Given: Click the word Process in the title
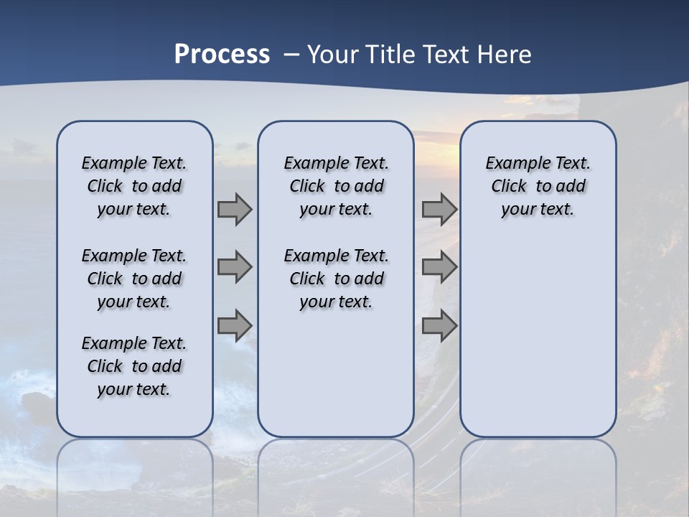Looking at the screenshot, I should tap(222, 54).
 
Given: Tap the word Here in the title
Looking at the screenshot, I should tap(505, 54).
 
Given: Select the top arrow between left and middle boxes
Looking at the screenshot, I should tap(235, 210).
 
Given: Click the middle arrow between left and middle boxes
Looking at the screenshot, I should tap(235, 267).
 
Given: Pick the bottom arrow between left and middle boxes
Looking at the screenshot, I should tap(235, 325).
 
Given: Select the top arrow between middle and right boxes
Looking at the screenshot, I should tap(439, 210).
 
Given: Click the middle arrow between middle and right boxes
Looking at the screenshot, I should tap(439, 267).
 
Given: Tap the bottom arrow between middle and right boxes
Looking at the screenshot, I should tap(439, 325).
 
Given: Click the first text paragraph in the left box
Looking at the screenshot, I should tap(134, 186).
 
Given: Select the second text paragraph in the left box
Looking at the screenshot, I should tap(134, 279).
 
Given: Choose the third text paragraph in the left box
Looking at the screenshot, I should tap(134, 366).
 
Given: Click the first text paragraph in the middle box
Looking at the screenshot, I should tap(336, 186).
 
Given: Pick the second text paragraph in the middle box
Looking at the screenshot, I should tap(336, 279).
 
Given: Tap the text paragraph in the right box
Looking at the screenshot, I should tap(538, 186).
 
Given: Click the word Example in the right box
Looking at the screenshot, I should tap(512, 164).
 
